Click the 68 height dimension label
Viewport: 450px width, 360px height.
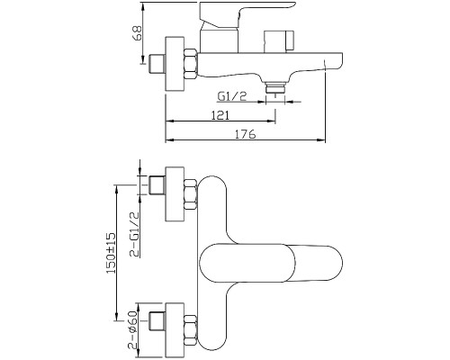click(137, 33)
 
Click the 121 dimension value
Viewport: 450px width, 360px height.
click(220, 115)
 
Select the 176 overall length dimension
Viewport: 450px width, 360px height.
click(245, 134)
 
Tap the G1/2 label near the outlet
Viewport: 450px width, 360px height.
click(232, 96)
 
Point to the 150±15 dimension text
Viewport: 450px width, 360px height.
click(111, 253)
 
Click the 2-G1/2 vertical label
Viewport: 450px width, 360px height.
click(135, 234)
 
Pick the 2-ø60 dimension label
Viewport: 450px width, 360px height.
click(132, 329)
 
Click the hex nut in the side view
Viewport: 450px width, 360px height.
click(191, 65)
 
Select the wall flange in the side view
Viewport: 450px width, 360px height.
click(175, 64)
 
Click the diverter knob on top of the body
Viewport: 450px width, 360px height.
click(279, 41)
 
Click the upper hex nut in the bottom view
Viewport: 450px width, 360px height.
click(190, 194)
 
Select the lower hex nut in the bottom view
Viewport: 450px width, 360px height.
click(190, 330)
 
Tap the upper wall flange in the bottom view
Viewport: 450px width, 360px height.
click(175, 193)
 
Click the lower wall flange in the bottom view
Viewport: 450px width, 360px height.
click(175, 330)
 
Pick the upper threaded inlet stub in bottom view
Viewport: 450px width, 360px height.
click(157, 185)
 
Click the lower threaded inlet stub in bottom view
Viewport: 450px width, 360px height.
click(157, 321)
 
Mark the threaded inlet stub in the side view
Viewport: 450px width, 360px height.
click(157, 64)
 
